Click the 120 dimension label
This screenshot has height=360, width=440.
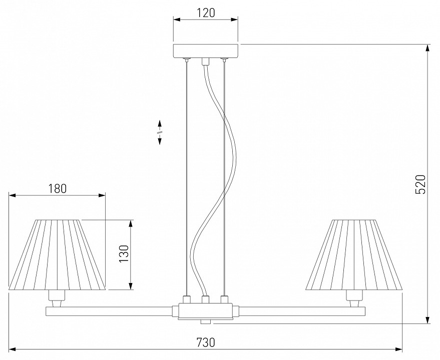tap(206, 13)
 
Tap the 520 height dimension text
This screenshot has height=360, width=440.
tap(420, 184)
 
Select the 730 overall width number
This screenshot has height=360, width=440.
tap(206, 342)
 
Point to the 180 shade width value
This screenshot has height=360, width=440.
tap(57, 188)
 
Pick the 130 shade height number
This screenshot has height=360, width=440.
tap(124, 253)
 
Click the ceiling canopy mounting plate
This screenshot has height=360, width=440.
tap(206, 50)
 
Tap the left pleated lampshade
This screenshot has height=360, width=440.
tap(57, 254)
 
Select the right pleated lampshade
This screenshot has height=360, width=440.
tap(354, 254)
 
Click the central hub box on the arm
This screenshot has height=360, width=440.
tap(206, 310)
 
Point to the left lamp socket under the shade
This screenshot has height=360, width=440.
tap(57, 298)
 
